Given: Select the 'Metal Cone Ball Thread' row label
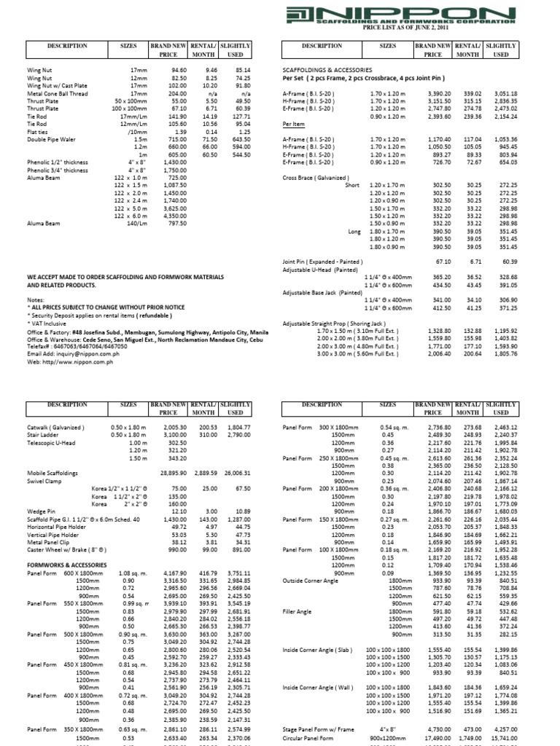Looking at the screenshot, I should (x=57, y=94).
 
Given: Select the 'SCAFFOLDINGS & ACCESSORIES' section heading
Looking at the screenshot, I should (x=322, y=71).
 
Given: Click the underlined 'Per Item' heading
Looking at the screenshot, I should (x=294, y=125).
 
